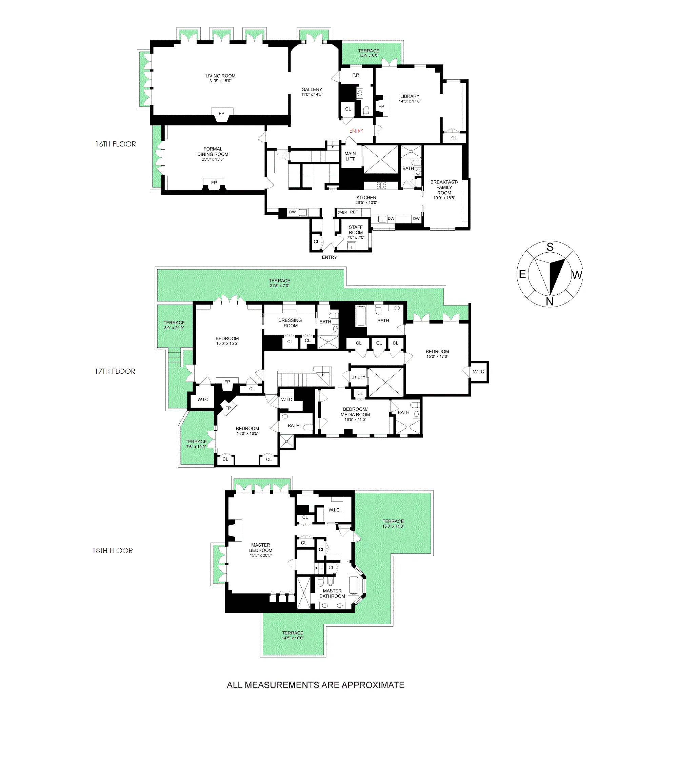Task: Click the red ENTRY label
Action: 356,131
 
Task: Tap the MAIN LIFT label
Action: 350,156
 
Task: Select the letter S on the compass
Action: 550,247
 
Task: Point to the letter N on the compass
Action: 550,301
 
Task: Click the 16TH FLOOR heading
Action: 115,144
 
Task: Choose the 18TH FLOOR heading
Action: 112,551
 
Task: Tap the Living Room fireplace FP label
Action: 222,114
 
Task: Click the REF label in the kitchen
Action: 354,212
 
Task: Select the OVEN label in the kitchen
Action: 342,212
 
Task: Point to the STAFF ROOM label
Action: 356,230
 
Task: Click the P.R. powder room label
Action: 356,75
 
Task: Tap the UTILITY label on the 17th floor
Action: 358,377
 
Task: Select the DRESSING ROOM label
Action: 290,323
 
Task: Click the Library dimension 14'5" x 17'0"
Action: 410,101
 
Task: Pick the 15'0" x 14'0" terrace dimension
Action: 393,526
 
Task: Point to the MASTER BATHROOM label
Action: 332,593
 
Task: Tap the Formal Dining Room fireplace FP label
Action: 214,182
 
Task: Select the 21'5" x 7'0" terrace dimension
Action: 279,286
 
